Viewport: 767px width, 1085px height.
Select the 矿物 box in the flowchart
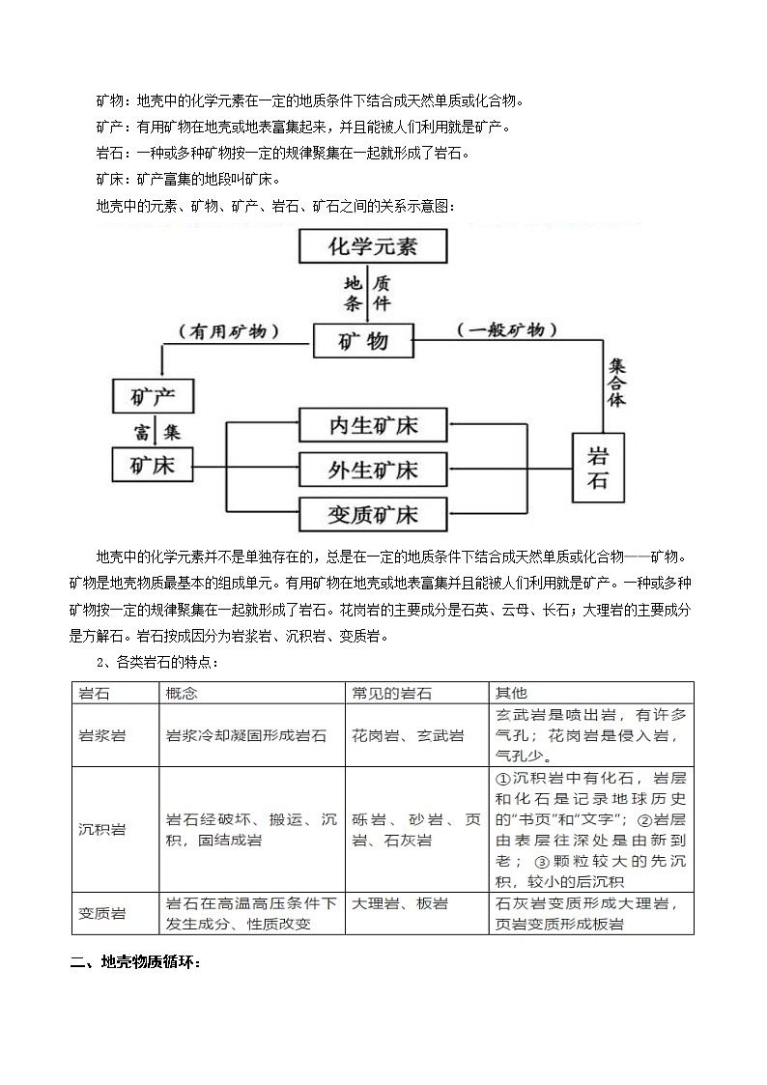(x=363, y=341)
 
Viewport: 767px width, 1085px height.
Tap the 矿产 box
(x=154, y=395)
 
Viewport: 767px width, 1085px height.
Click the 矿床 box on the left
(x=153, y=465)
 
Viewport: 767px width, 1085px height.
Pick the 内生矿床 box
(x=373, y=426)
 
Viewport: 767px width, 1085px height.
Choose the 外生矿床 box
(x=373, y=470)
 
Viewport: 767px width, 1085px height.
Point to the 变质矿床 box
(x=373, y=514)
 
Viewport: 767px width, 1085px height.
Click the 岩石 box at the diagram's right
(x=599, y=468)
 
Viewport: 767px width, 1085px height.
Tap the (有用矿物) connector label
(x=229, y=331)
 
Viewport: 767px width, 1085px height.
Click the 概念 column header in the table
(x=183, y=694)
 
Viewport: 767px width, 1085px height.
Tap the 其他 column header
(x=511, y=694)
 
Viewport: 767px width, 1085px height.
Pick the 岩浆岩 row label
(x=102, y=736)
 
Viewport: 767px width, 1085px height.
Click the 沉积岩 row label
(x=102, y=830)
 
